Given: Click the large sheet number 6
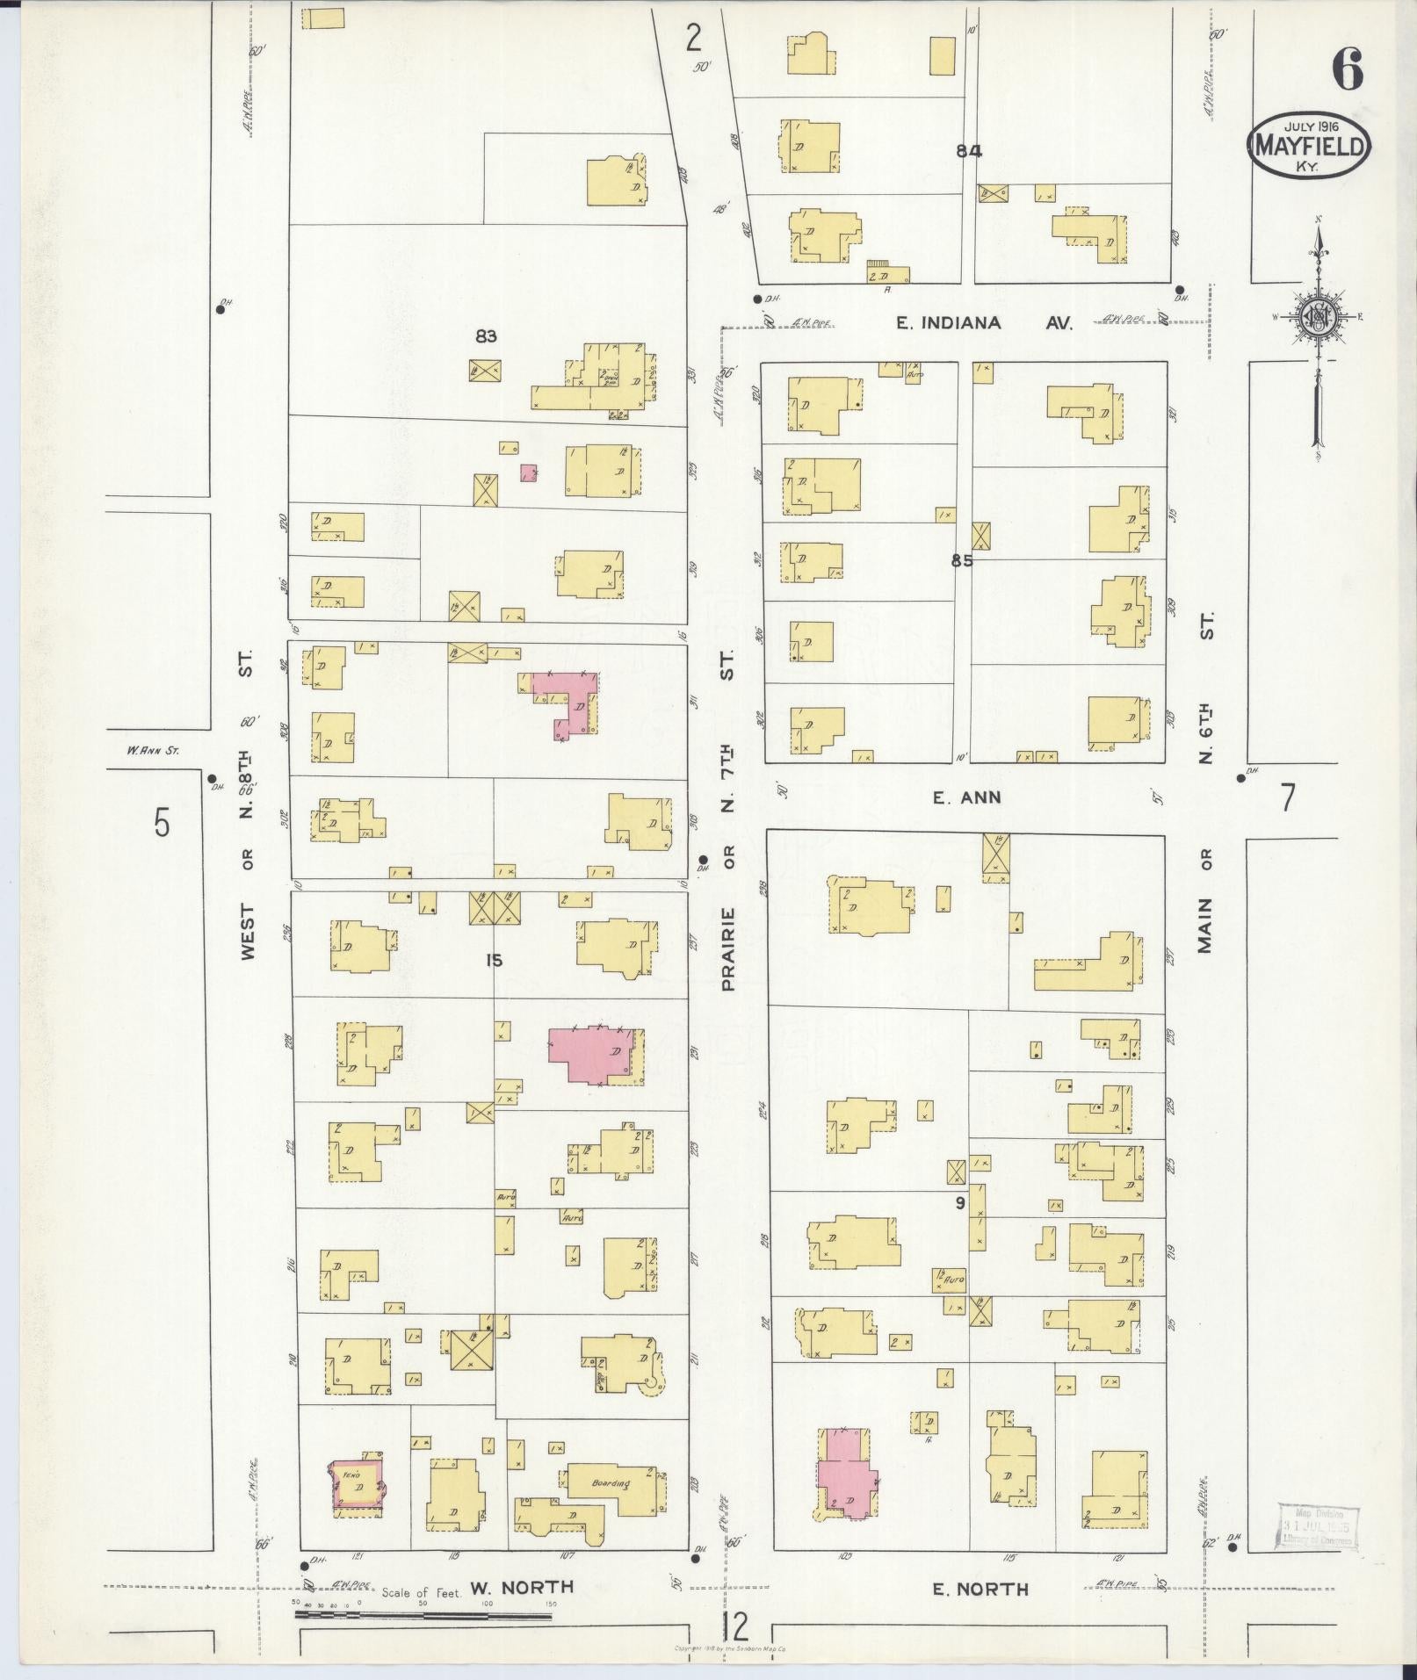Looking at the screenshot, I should [x=1347, y=70].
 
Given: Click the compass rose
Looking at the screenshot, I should [x=1318, y=319].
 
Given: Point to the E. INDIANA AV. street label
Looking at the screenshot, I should [x=984, y=323].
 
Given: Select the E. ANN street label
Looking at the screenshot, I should [x=967, y=797].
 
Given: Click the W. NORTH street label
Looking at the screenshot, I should [x=522, y=1587].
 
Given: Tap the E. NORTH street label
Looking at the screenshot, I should [x=980, y=1589].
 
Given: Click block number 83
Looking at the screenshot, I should [x=487, y=335].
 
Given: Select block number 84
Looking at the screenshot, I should [x=969, y=151].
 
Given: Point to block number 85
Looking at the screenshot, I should [x=962, y=559].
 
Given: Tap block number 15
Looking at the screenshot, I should [x=494, y=961].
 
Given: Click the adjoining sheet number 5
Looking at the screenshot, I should [x=162, y=824].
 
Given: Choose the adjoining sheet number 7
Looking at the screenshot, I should [x=1287, y=797].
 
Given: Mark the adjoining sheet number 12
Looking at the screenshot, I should [x=735, y=1626].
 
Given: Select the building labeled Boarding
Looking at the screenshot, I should [x=612, y=1483].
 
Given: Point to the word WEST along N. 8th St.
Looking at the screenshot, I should [x=248, y=932].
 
